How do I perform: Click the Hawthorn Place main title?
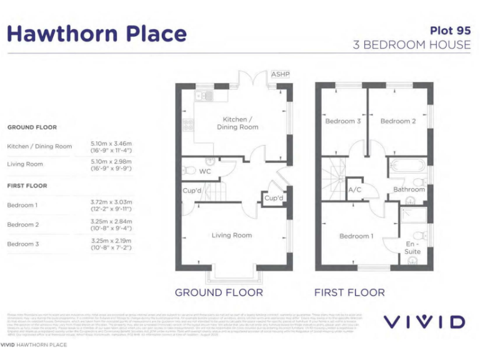click(97, 34)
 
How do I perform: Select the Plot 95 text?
click(450, 30)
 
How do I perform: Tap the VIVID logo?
click(424, 322)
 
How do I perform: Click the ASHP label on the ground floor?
click(280, 75)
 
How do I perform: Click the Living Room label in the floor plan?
click(232, 236)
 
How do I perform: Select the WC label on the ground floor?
click(205, 171)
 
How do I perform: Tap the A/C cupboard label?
click(354, 189)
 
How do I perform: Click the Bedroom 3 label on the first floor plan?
click(342, 121)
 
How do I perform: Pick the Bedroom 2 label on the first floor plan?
click(398, 121)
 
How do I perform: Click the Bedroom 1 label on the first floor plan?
click(355, 236)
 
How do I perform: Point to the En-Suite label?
click(412, 247)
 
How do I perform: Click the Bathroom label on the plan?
click(409, 189)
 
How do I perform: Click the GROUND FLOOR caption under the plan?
click(219, 292)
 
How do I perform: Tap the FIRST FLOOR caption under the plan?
click(349, 292)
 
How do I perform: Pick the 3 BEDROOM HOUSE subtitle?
click(412, 45)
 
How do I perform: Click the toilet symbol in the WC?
click(187, 171)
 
